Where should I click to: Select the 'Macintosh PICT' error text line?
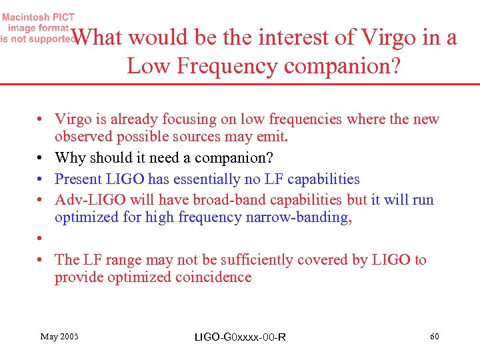41,17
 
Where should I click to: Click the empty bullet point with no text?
41,239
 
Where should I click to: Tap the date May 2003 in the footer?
59,337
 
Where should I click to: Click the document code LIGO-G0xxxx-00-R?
240,337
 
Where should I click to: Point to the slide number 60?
434,337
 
